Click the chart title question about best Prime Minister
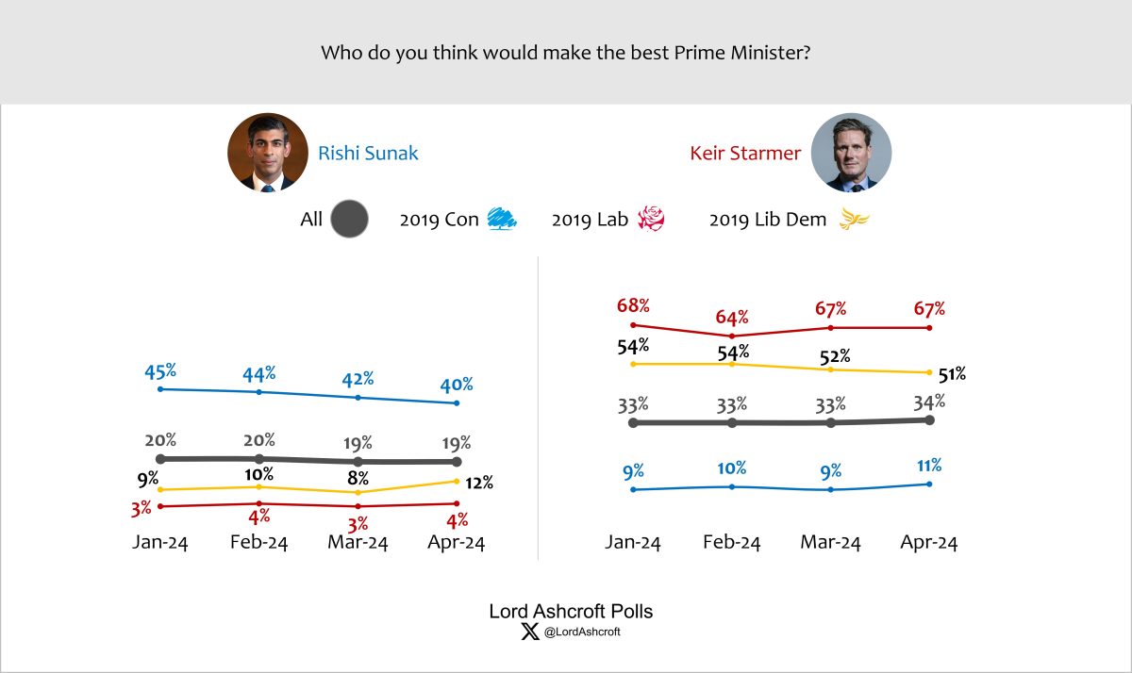566,52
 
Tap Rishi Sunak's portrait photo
268,153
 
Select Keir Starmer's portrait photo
851,153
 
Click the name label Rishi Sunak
368,153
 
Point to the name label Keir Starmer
744,153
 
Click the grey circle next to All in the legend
351,221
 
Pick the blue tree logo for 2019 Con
501,221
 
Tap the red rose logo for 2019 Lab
652,221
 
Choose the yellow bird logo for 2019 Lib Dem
855,221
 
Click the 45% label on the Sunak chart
160,370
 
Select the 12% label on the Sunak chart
480,484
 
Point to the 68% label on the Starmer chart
633,306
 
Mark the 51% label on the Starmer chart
953,374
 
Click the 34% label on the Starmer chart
929,402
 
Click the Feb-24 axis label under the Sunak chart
259,543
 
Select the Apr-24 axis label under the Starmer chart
929,543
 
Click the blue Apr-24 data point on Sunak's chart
458,403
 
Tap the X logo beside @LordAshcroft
529,632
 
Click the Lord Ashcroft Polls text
571,612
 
